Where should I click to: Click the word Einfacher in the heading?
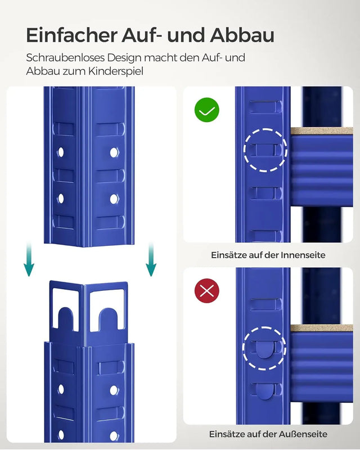[72, 35]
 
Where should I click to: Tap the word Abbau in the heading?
[242, 35]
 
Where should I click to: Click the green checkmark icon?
[206, 110]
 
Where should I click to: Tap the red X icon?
[206, 291]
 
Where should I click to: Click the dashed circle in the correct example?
[265, 150]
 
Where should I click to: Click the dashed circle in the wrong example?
[264, 348]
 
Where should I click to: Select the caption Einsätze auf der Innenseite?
[268, 255]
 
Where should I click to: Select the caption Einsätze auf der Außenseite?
[268, 434]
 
